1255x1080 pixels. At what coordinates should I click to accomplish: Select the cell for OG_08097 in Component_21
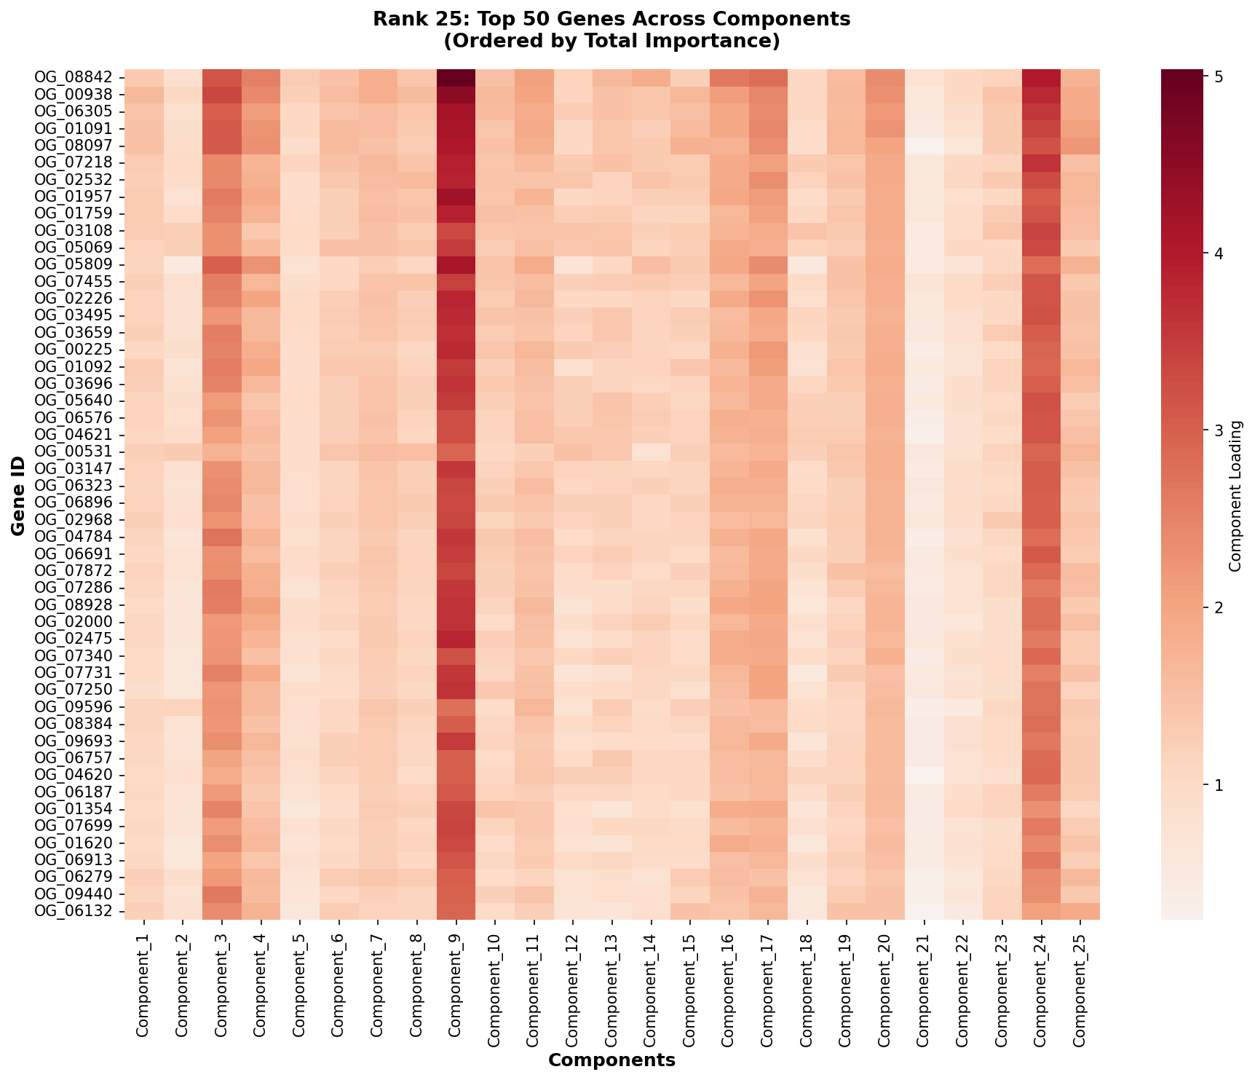(x=924, y=146)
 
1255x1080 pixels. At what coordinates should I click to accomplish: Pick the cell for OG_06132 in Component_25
(x=1080, y=910)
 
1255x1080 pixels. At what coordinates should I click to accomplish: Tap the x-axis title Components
(x=611, y=1060)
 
